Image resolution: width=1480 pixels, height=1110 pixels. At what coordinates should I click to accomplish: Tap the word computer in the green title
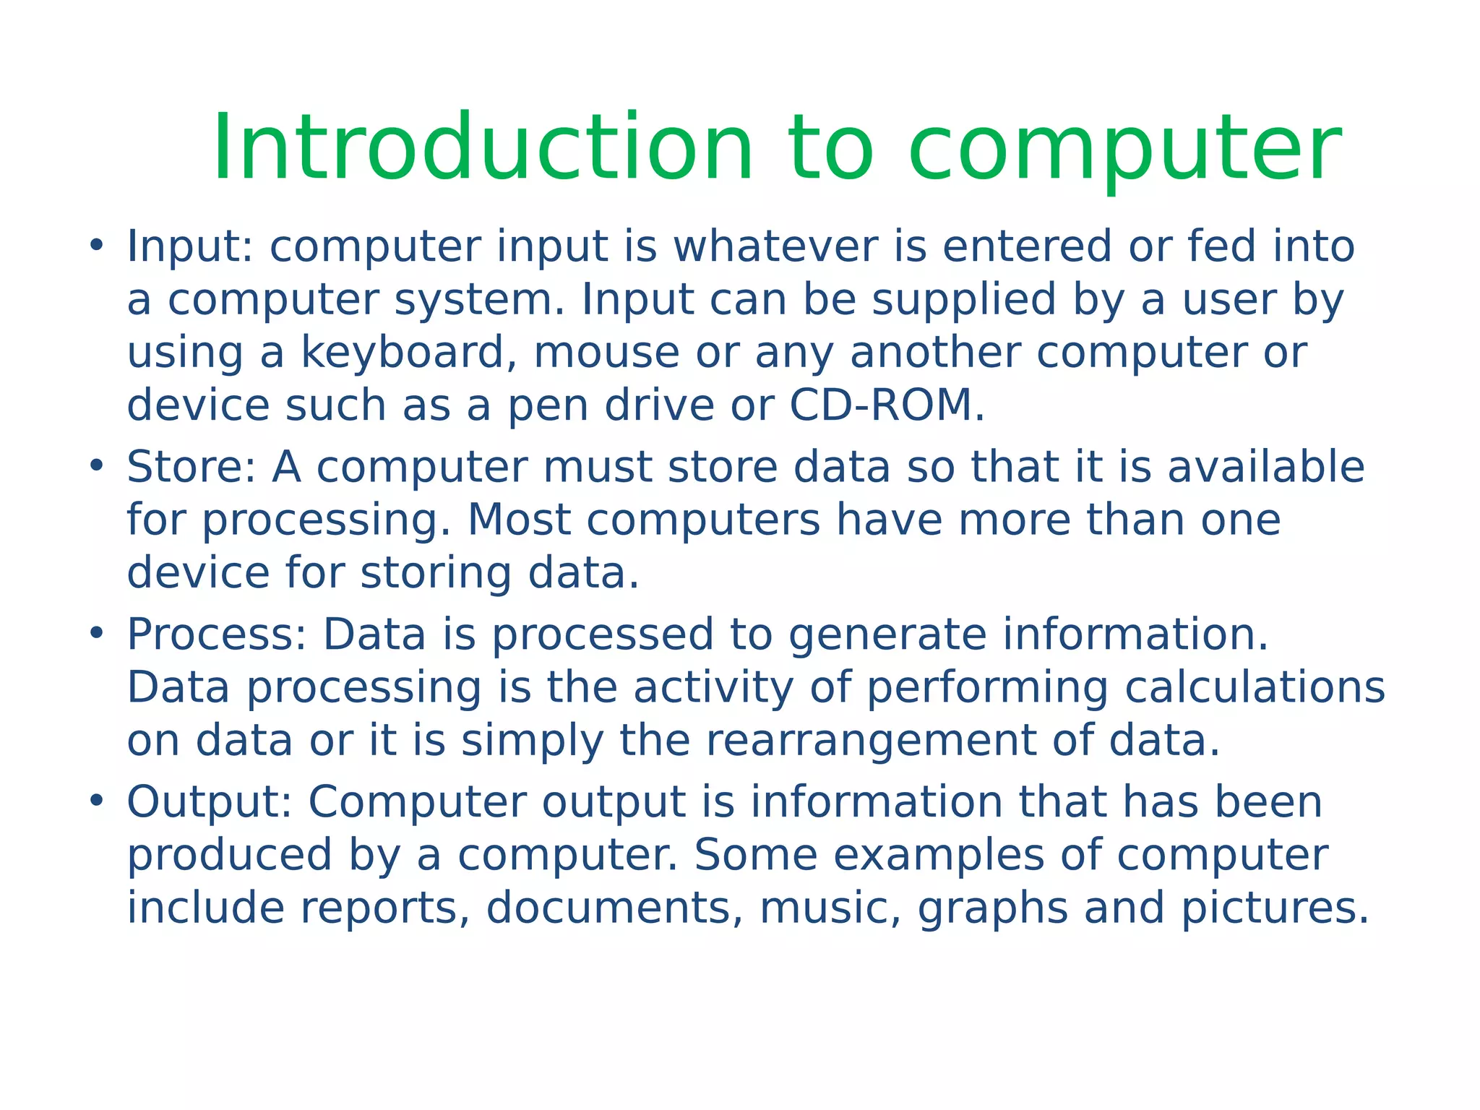1124,148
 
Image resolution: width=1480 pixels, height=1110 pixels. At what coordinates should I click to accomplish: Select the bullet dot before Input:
96,244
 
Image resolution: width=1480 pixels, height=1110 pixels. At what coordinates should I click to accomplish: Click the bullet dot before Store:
96,465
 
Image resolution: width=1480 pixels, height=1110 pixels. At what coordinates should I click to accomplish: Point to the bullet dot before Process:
96,633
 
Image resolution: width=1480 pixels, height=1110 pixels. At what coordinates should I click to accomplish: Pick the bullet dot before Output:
96,801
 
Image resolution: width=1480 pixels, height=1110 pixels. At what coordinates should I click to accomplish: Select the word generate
887,636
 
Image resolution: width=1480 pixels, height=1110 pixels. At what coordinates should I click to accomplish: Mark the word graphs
992,909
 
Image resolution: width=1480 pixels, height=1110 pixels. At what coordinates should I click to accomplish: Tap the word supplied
964,300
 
